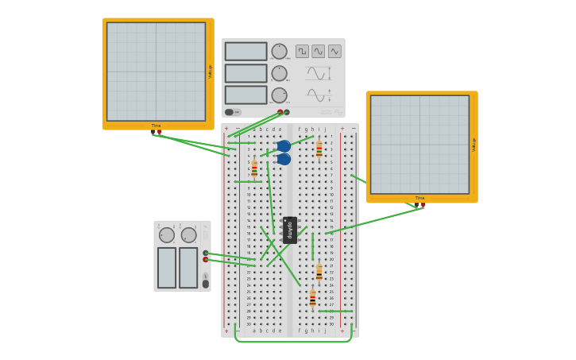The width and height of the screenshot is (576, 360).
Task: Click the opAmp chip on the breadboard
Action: [x=290, y=230]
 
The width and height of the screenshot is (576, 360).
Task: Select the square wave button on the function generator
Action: [x=302, y=51]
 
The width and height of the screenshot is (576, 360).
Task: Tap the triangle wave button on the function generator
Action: [x=334, y=51]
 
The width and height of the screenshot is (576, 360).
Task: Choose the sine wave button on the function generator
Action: [x=318, y=51]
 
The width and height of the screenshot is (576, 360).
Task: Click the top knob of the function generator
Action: [x=278, y=51]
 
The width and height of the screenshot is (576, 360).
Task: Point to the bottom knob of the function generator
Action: [x=278, y=95]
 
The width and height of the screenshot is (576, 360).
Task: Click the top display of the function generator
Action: [x=245, y=52]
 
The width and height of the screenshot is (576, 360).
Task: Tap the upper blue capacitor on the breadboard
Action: [x=284, y=146]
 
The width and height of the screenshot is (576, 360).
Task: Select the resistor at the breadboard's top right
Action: [x=319, y=149]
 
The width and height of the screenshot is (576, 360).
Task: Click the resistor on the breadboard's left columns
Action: [x=254, y=168]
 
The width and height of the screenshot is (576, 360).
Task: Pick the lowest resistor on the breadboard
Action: [x=312, y=298]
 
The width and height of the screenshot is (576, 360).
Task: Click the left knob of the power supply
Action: [x=167, y=235]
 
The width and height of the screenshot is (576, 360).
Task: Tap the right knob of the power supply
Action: [x=188, y=235]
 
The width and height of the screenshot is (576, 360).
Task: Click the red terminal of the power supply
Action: [x=205, y=259]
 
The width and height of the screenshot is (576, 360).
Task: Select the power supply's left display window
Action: [x=166, y=267]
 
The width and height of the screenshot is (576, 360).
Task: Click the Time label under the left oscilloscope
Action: [x=156, y=126]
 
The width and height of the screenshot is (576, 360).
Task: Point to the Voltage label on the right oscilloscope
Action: [x=474, y=144]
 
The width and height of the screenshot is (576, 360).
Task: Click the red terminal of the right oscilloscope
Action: [x=423, y=205]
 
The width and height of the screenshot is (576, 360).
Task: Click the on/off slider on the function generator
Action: [x=233, y=112]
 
